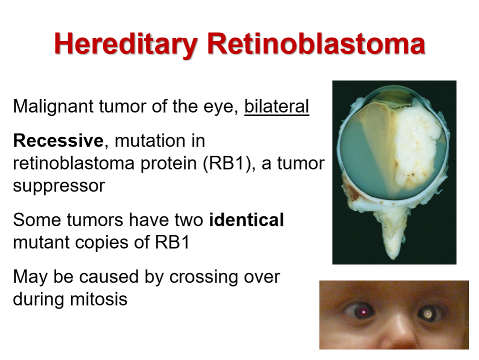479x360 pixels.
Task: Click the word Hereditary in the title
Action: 125,44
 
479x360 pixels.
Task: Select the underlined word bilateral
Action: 277,106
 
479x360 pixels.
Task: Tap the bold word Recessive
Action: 58,140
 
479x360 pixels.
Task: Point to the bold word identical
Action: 246,219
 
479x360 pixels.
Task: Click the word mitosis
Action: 98,299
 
